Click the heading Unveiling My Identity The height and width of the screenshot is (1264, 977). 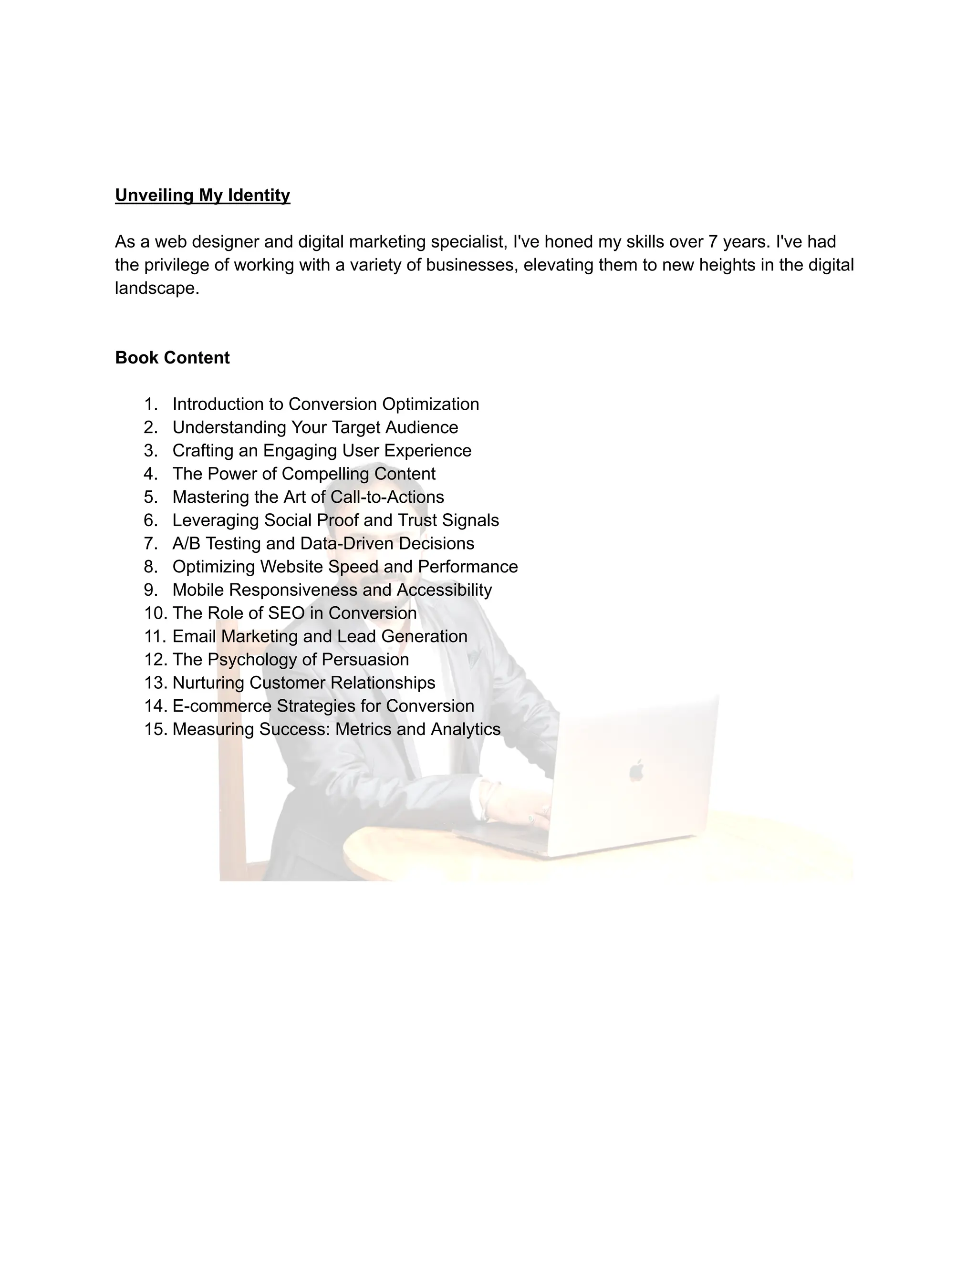203,195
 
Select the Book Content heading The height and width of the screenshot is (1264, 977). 173,358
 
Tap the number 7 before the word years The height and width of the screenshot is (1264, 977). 713,242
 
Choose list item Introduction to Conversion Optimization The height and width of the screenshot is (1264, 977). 325,404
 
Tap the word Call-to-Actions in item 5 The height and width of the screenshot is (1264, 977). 387,497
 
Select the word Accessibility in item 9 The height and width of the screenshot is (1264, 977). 444,590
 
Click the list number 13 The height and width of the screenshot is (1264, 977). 155,683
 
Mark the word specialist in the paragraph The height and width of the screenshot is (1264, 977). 469,242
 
